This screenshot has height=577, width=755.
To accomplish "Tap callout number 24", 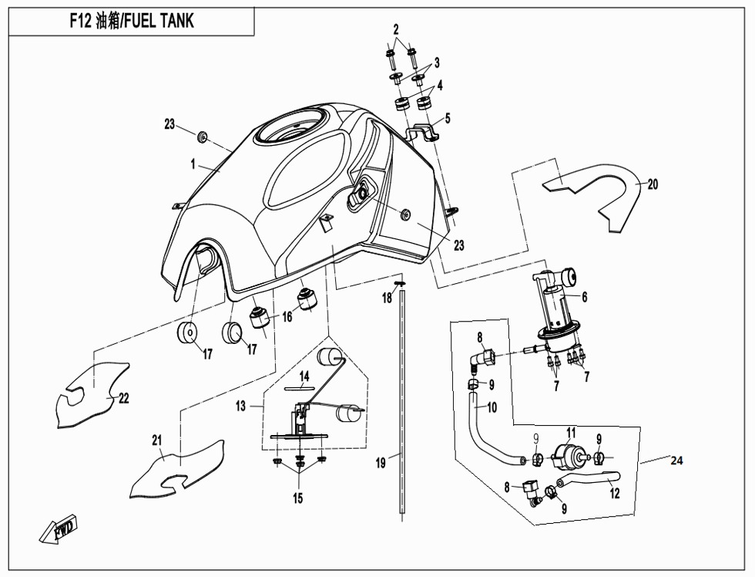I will [x=676, y=461].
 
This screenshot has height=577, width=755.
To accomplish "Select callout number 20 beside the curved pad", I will [x=652, y=184].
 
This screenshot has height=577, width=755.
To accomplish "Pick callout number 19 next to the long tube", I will [x=381, y=463].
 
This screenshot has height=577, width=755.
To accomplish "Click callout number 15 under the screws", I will [x=297, y=498].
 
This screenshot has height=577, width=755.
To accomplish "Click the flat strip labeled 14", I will [x=301, y=386].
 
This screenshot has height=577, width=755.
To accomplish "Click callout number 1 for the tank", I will [x=194, y=164].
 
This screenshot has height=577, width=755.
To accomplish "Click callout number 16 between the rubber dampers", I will [x=287, y=316].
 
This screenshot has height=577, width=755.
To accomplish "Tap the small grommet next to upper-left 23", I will [x=203, y=137].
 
